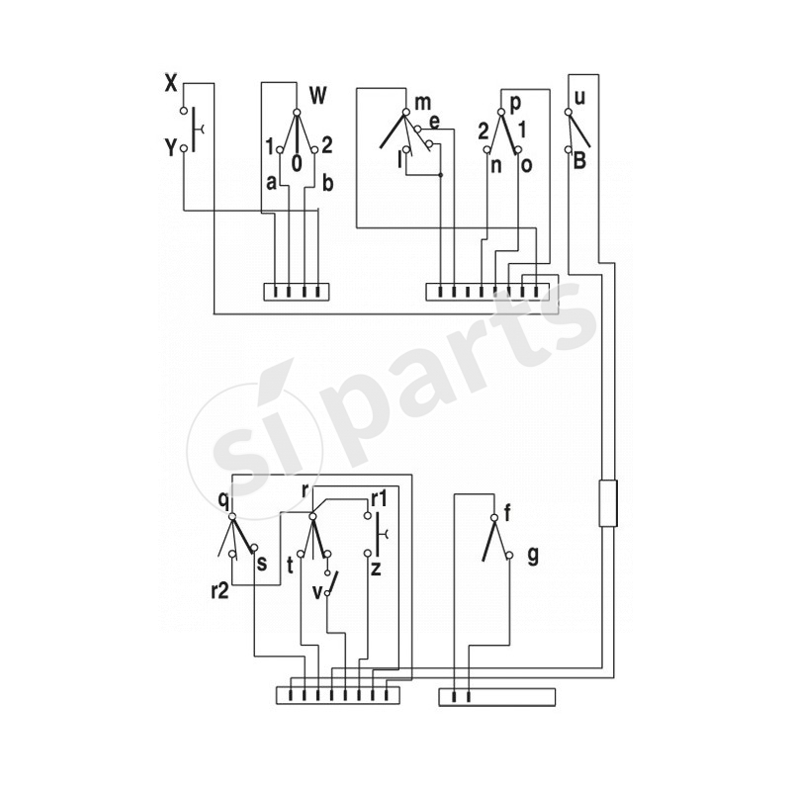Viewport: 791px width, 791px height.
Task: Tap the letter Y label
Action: click(170, 148)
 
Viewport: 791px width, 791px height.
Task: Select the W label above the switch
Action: click(317, 96)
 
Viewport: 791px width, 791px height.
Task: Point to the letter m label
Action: click(423, 103)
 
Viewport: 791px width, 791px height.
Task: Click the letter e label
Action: click(434, 122)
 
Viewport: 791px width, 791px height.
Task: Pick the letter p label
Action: click(515, 102)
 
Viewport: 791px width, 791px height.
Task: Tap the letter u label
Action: click(580, 98)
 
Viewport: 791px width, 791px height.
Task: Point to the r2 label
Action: click(220, 592)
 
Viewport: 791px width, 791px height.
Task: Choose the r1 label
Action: click(380, 497)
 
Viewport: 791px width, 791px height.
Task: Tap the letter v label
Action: click(317, 592)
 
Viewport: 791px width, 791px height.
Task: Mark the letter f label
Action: click(507, 513)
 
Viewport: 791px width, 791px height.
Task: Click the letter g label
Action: click(533, 556)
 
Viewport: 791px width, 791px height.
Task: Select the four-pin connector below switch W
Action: click(295, 292)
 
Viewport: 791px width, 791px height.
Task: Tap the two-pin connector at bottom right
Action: click(496, 697)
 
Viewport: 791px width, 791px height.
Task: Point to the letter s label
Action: click(261, 564)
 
